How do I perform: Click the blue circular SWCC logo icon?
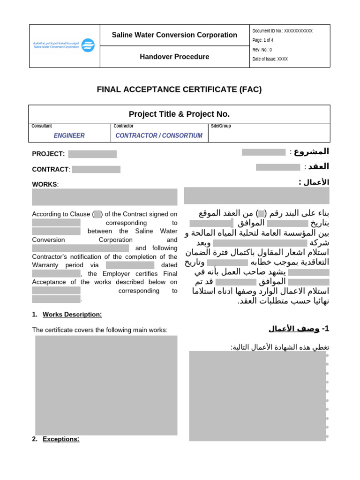[x=88, y=45]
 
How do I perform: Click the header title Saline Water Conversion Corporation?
[x=174, y=35]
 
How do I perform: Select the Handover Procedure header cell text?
[x=174, y=57]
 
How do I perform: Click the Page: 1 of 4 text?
[x=264, y=40]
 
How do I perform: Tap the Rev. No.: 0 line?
[x=262, y=50]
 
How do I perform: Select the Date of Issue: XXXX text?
[x=270, y=59]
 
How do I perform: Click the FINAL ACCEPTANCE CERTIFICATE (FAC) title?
[x=179, y=90]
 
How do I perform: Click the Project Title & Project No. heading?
[x=179, y=114]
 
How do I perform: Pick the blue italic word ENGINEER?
[x=69, y=135]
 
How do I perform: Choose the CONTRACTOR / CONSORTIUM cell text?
[x=159, y=135]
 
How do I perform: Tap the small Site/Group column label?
[x=221, y=126]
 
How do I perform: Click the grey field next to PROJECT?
[x=92, y=154]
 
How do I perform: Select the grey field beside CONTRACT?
[x=96, y=169]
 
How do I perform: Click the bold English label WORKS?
[x=45, y=184]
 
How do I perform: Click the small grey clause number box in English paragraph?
[x=97, y=214]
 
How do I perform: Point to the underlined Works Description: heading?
[x=72, y=315]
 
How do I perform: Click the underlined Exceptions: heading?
[x=61, y=439]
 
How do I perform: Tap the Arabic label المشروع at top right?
[x=311, y=151]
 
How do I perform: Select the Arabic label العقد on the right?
[x=318, y=166]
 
